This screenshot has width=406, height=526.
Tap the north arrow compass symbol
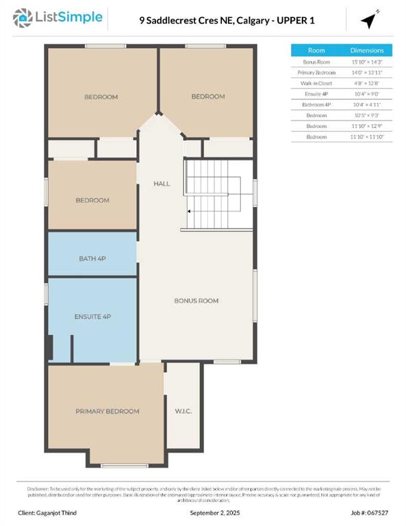coord(370,20)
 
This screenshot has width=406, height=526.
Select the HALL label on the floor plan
coord(162,184)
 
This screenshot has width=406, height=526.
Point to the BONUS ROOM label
coord(196,301)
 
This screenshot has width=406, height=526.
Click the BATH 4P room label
coord(92,258)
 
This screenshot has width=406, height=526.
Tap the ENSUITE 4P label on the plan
coord(92,316)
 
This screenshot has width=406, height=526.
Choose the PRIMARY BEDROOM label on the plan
coord(107,411)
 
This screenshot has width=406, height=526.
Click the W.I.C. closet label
coord(182,412)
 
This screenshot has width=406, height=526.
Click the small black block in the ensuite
coord(49,347)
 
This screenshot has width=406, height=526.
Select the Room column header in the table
coord(316,51)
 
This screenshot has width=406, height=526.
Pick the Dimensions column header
coord(367,51)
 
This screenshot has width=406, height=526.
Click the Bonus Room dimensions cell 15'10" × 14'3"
coord(367,62)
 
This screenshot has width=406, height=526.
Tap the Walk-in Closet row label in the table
coord(316,83)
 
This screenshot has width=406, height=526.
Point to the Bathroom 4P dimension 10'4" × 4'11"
coord(367,104)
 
